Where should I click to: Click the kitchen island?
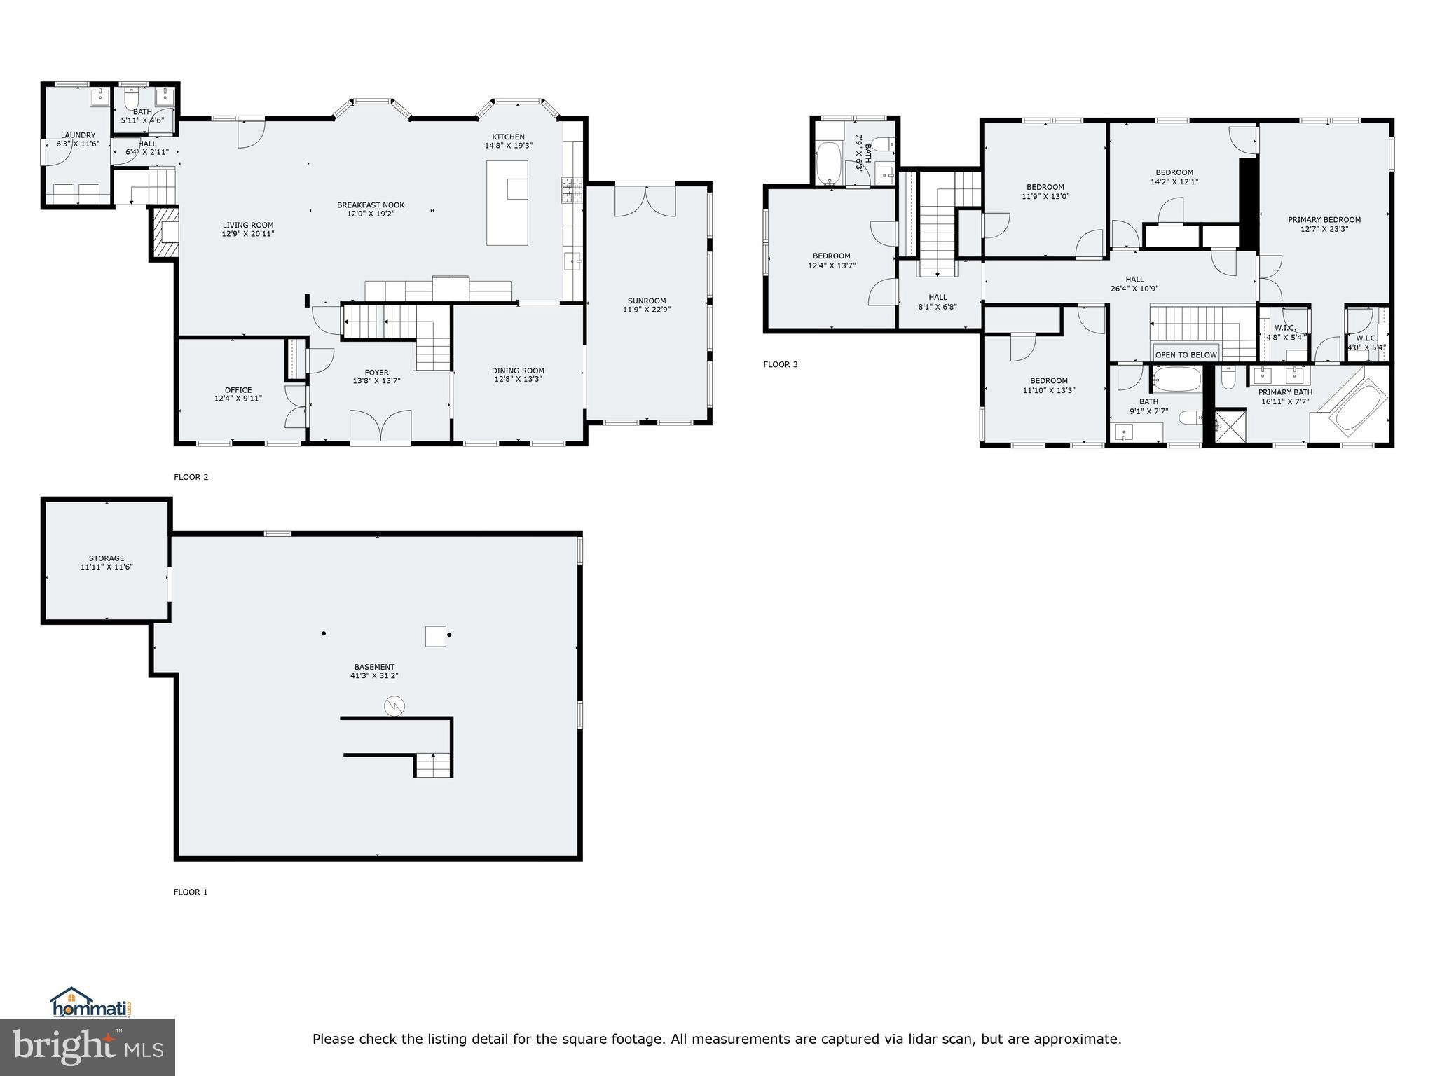[x=507, y=203]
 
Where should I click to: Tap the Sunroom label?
[x=646, y=301]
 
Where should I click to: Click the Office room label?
[x=238, y=390]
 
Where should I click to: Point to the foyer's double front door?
[x=380, y=427]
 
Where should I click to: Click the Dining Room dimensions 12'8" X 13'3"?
[x=518, y=379]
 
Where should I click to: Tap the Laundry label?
[x=78, y=135]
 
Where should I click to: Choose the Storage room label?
[x=107, y=558]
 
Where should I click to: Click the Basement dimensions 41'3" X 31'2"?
[x=374, y=675]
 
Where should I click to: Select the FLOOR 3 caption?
[x=780, y=364]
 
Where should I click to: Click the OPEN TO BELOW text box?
[x=1186, y=354]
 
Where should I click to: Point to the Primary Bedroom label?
[x=1324, y=220]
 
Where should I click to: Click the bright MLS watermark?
[x=88, y=1047]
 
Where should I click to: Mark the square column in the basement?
[x=435, y=636]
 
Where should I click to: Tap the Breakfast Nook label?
[x=371, y=205]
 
